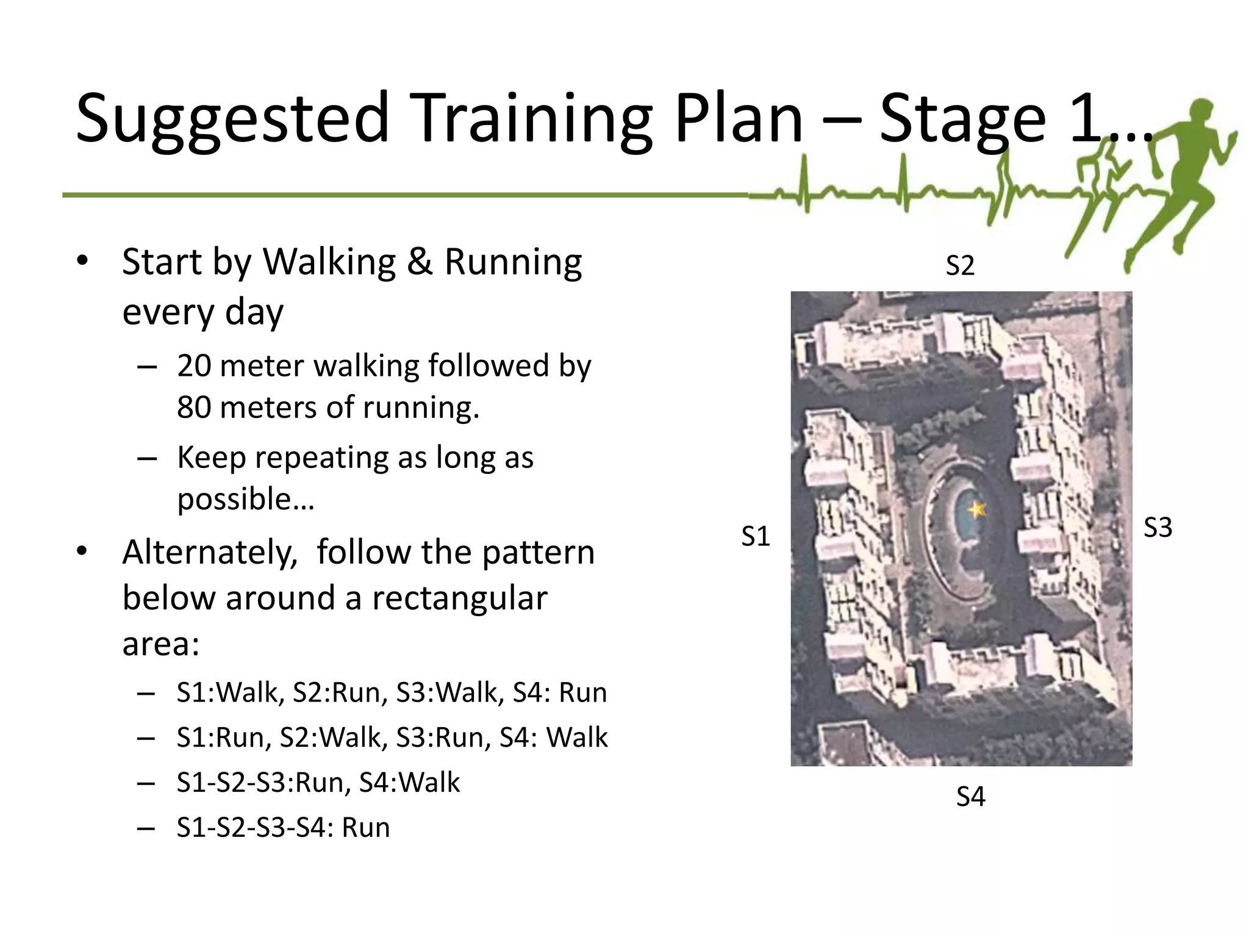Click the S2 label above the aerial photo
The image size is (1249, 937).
[960, 266]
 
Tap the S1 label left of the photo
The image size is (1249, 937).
[756, 537]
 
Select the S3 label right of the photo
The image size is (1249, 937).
[1158, 528]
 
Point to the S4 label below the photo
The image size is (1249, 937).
[970, 797]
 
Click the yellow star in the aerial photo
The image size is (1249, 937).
[977, 508]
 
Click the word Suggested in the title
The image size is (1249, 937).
[232, 119]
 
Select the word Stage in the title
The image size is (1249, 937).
[962, 119]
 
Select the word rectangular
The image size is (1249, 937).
[459, 598]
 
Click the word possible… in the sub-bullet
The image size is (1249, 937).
[245, 499]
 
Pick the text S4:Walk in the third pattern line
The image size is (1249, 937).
[409, 783]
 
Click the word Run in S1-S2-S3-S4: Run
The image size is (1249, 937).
[365, 828]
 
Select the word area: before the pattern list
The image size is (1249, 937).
[161, 644]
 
